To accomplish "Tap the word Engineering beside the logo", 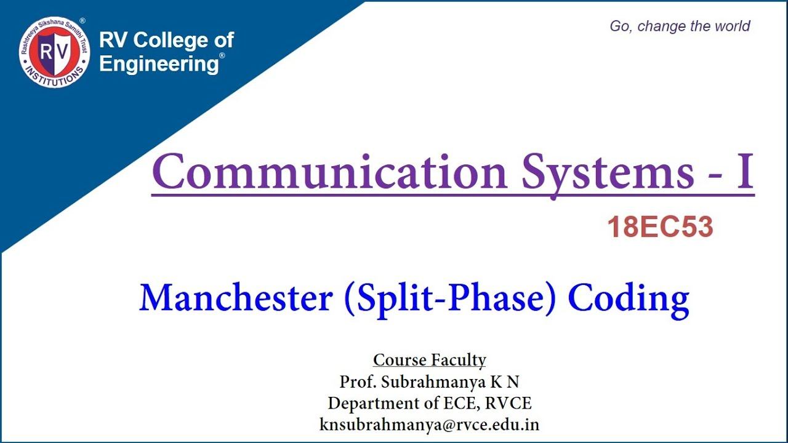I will pos(158,63).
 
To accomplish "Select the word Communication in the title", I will pos(330,172).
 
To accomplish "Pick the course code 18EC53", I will pos(660,228).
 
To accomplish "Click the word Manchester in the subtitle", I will pos(236,298).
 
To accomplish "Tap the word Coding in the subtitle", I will pos(628,299).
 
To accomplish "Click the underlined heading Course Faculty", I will pos(430,360).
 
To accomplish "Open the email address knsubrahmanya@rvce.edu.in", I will pos(430,425).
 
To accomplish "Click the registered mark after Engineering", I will pos(222,55).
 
